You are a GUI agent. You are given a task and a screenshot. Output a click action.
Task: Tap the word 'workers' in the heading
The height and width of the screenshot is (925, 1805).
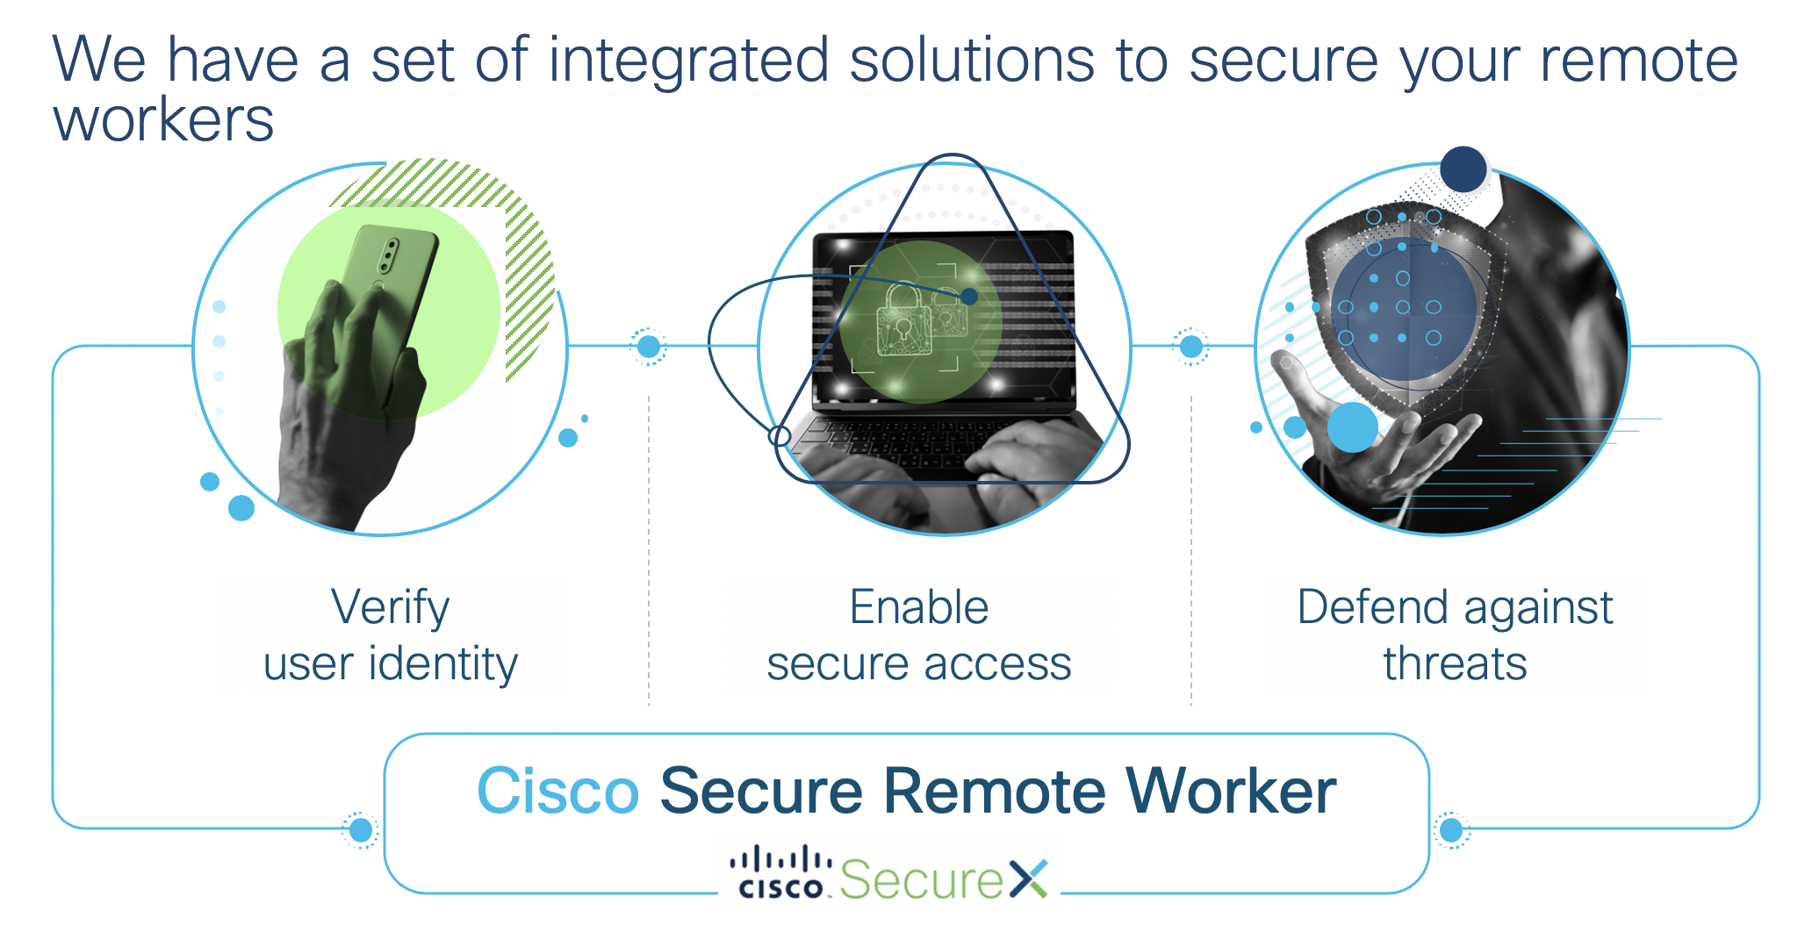click(163, 120)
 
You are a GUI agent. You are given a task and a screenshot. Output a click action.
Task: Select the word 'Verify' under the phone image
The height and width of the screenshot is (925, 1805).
click(390, 607)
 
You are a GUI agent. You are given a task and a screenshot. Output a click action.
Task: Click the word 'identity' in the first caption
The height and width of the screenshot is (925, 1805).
click(443, 663)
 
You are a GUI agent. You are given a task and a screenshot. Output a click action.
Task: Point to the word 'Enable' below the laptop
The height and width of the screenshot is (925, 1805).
click(919, 607)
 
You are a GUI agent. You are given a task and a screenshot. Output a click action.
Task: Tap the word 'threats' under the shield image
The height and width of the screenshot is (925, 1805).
click(1455, 663)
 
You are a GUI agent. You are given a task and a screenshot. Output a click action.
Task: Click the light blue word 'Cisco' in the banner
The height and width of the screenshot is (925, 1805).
click(557, 791)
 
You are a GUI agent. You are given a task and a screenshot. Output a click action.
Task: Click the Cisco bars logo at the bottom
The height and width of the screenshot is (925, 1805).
click(780, 872)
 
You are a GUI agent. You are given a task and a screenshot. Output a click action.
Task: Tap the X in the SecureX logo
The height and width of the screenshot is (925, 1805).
click(1028, 878)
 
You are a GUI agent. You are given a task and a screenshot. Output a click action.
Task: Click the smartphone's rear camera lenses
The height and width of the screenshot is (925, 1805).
click(388, 255)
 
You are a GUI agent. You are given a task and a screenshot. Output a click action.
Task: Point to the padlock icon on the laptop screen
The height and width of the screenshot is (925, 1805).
click(904, 320)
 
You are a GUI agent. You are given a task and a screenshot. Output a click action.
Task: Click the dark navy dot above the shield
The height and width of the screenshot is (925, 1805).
click(1463, 169)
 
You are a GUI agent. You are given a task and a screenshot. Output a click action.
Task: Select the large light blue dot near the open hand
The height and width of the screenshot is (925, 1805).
click(1352, 427)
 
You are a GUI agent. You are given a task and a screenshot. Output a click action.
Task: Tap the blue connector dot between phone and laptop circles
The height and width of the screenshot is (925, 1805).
click(649, 347)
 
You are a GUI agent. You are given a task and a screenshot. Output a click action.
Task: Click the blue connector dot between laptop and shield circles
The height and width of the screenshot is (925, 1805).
click(1191, 347)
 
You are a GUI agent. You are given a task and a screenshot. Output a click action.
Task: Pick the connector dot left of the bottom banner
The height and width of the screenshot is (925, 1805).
click(361, 829)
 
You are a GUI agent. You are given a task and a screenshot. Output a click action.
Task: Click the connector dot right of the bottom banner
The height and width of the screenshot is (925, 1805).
click(1451, 829)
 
